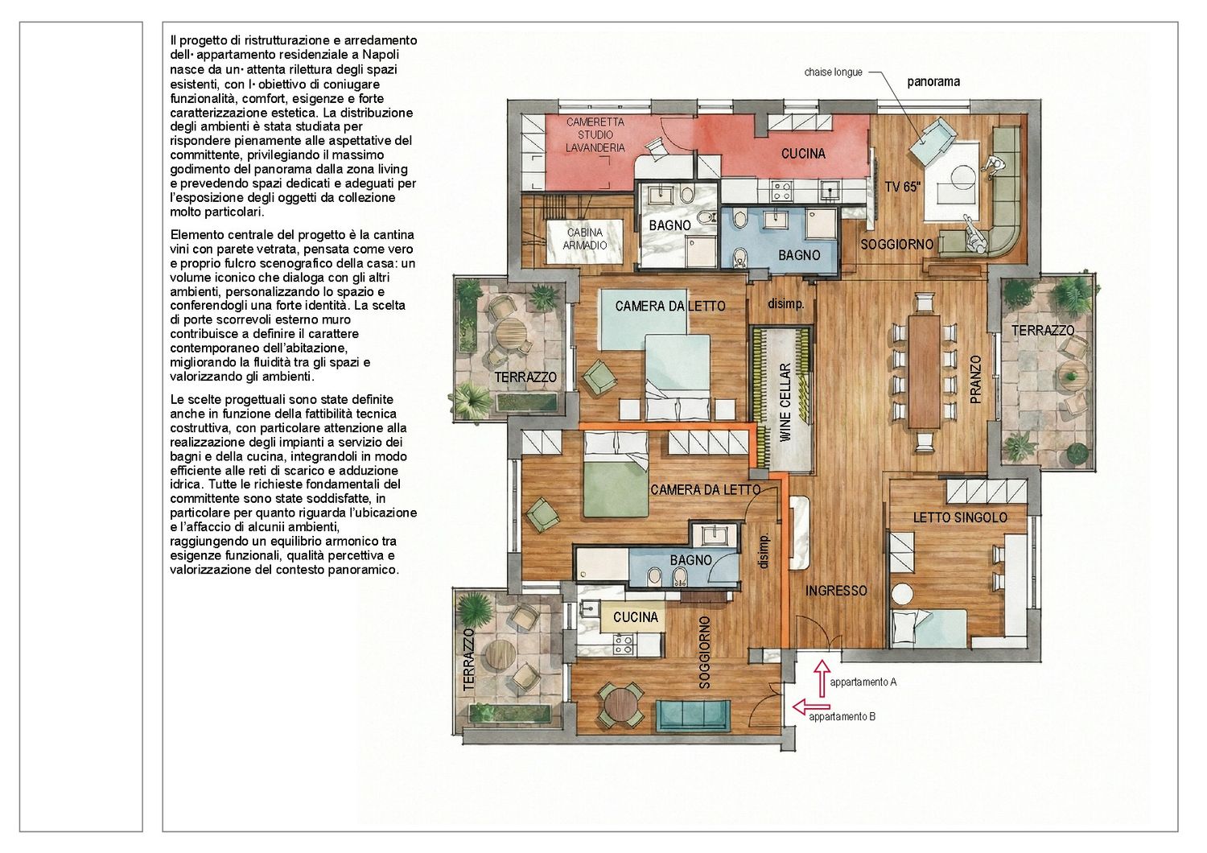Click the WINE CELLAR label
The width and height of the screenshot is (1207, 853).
tap(785, 402)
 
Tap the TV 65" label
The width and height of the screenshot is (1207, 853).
tap(903, 187)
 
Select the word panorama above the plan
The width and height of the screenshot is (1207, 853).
tap(933, 82)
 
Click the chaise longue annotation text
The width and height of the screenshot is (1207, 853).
tap(833, 72)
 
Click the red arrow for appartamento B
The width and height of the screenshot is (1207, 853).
tap(811, 706)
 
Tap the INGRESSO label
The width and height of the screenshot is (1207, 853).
tap(836, 591)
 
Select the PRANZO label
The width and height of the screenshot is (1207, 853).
tap(976, 379)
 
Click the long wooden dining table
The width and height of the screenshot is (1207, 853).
tap(925, 371)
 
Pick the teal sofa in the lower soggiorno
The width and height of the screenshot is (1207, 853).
tap(693, 717)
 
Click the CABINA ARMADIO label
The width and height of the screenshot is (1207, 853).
tap(585, 239)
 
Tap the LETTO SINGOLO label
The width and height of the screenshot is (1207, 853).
tap(960, 517)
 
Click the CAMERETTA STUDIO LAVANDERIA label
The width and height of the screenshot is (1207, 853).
tap(595, 134)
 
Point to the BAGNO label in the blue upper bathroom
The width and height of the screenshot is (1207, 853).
tap(799, 255)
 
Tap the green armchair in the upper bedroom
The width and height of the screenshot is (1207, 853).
tap(599, 377)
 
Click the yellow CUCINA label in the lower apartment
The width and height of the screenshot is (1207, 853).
tap(636, 617)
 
